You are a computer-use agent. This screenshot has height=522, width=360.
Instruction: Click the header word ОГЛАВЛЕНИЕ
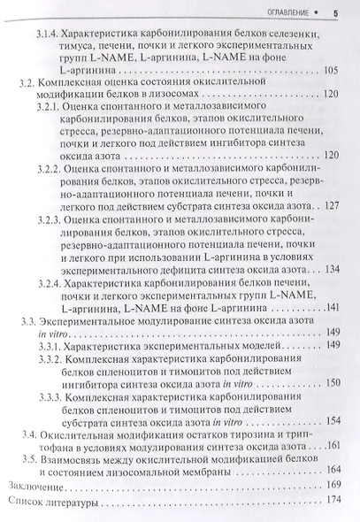pos(280,12)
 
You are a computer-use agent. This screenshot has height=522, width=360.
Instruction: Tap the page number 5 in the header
pos(336,12)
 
